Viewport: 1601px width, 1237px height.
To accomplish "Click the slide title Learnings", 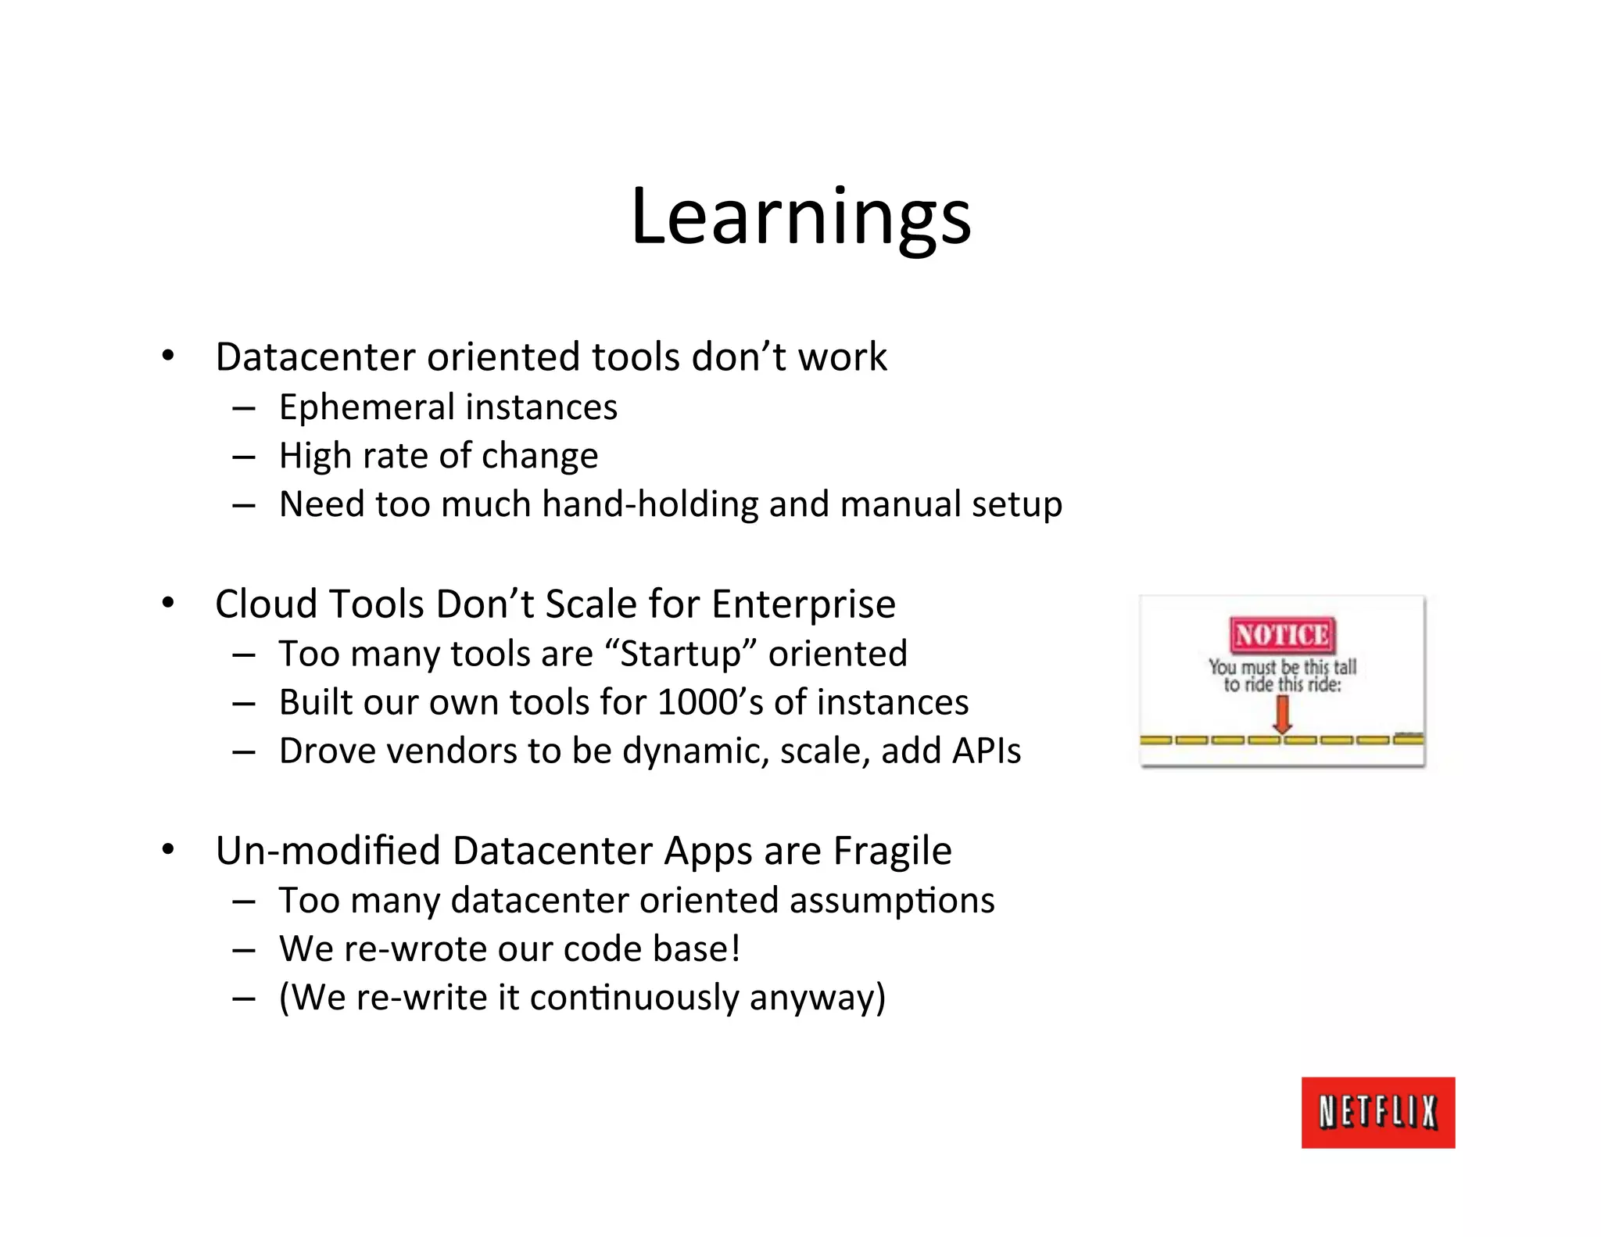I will [800, 217].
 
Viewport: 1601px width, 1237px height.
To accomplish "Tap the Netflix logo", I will [1377, 1112].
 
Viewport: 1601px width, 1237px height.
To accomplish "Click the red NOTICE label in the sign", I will [1282, 635].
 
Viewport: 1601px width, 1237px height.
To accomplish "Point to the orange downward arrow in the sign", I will [1282, 714].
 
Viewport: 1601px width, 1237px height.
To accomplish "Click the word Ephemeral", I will [367, 408].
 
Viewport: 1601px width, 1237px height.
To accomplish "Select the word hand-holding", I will [650, 504].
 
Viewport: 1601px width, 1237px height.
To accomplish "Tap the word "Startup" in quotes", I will [681, 654].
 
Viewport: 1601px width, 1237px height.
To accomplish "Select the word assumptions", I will [891, 901].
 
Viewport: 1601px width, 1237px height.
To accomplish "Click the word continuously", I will [633, 998].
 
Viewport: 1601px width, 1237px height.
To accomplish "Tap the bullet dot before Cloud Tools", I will [168, 604].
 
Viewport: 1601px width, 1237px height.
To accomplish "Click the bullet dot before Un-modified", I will [168, 850].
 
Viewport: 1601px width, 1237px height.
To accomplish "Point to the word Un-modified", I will [328, 851].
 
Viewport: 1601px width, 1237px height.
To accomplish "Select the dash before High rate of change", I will [244, 457].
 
